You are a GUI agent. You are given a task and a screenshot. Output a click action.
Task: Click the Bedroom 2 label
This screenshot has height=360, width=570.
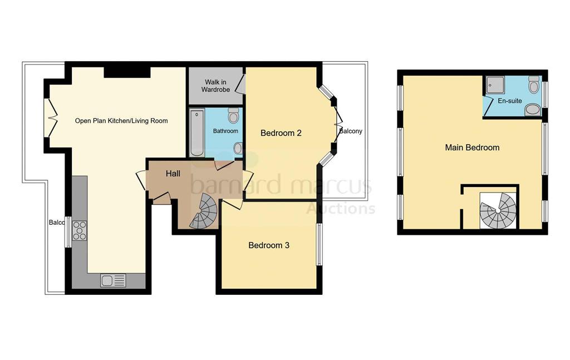click(281, 133)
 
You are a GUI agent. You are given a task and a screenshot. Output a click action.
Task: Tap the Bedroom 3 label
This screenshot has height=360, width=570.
click(269, 245)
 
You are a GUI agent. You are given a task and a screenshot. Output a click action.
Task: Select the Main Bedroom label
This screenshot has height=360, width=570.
click(472, 147)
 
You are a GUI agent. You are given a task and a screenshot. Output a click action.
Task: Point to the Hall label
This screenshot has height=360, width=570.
click(173, 174)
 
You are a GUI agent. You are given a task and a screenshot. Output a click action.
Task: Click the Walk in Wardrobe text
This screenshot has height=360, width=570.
click(215, 85)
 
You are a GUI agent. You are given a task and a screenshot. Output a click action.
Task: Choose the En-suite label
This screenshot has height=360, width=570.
click(509, 101)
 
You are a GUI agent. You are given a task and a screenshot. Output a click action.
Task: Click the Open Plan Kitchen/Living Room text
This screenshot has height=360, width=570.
click(121, 121)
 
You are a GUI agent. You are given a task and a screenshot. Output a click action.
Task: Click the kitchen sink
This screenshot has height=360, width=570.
click(113, 281)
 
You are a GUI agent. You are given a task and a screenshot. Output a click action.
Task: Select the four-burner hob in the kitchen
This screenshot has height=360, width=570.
click(79, 230)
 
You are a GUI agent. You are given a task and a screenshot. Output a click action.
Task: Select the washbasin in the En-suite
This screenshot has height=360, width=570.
click(533, 109)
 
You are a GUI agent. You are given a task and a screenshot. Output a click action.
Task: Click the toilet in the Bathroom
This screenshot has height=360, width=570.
click(233, 115)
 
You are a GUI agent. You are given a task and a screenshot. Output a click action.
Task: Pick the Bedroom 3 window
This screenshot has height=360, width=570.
click(320, 245)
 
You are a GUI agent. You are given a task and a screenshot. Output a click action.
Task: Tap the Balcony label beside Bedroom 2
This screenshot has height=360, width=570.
click(351, 131)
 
